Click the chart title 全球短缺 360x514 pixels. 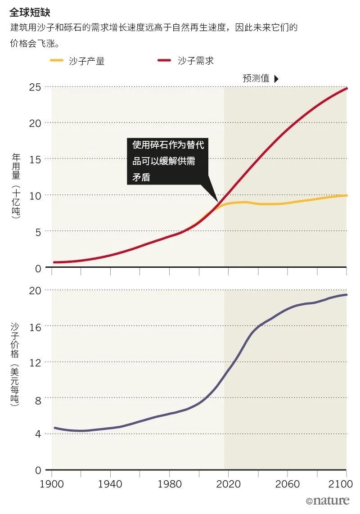(27, 12)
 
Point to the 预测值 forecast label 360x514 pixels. (256, 78)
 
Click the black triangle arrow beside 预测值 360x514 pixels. (276, 78)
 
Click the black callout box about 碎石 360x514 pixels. (168, 161)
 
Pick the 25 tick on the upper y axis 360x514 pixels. (35, 86)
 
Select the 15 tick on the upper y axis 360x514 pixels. (35, 159)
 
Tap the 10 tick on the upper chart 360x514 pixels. (35, 195)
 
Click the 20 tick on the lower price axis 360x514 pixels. (35, 290)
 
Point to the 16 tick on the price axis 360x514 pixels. (35, 326)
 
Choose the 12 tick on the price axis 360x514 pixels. (35, 362)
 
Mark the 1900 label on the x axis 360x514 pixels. (52, 484)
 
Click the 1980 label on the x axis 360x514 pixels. (170, 484)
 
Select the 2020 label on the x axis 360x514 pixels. (228, 484)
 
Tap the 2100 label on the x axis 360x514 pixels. (345, 484)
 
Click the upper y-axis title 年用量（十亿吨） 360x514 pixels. (16, 185)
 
